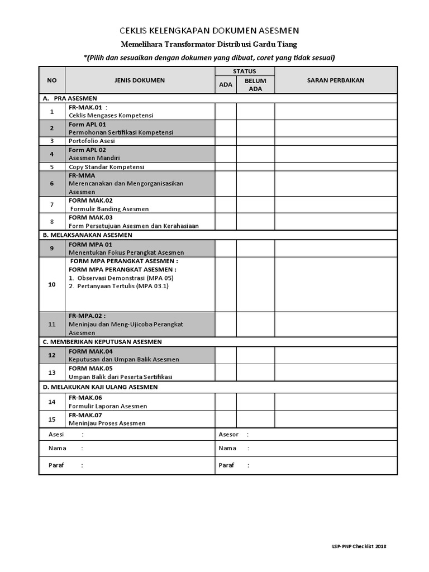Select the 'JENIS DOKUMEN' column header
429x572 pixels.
click(x=140, y=80)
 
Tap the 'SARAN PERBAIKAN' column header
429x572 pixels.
click(x=336, y=80)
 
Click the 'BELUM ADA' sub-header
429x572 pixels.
click(x=255, y=84)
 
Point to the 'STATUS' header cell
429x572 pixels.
click(x=244, y=71)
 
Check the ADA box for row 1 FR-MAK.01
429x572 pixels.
click(x=226, y=112)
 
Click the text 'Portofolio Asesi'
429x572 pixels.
click(x=92, y=141)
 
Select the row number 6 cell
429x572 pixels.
click(x=52, y=183)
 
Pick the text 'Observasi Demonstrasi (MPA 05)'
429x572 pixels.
click(x=121, y=278)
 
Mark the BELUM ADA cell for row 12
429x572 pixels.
click(x=255, y=355)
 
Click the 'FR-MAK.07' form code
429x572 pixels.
click(x=86, y=415)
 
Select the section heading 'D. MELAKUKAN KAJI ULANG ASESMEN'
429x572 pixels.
click(x=100, y=387)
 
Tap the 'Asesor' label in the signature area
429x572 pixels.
click(x=228, y=435)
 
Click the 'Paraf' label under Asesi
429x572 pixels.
click(x=56, y=465)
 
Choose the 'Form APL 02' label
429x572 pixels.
click(x=87, y=150)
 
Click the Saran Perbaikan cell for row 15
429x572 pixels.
click(x=336, y=419)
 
